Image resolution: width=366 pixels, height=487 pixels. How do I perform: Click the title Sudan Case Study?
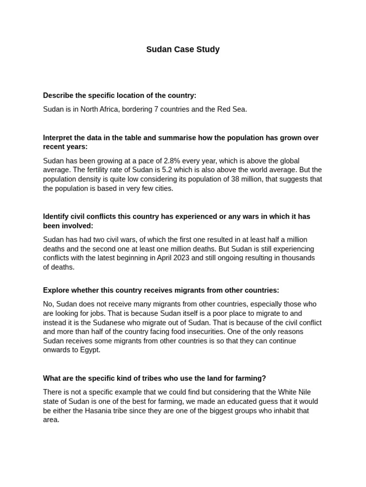tap(183, 49)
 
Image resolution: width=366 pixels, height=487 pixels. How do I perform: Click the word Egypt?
tap(90, 350)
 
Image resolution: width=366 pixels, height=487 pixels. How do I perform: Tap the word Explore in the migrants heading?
tap(56, 290)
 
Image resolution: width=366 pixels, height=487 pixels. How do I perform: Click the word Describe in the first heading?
tap(59, 96)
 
